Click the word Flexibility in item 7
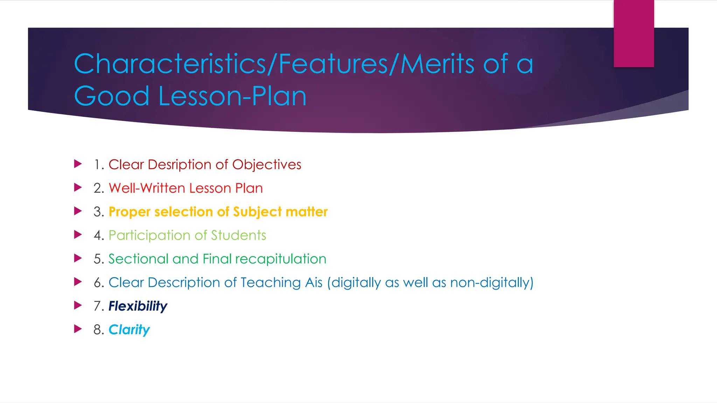138,306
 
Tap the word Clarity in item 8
129,330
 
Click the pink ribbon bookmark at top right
633,34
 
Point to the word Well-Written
147,188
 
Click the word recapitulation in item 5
281,259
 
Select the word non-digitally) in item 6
492,283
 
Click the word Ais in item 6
314,283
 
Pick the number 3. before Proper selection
99,212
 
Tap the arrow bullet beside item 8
78,329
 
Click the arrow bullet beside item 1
78,164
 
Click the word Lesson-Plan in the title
232,96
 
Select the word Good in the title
112,96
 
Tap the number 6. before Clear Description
99,283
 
